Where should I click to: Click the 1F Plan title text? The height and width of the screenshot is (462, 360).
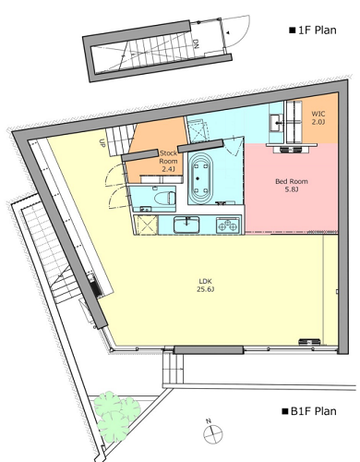pos(313,30)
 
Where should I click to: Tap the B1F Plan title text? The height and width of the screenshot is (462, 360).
pos(309,411)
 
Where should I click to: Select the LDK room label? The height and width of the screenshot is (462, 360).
pos(205,281)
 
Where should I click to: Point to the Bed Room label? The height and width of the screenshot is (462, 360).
pos(292,181)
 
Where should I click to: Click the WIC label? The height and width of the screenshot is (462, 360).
pos(318,114)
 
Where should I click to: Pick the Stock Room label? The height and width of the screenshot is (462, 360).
pos(168,157)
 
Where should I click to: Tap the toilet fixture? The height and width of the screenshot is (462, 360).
pos(164,198)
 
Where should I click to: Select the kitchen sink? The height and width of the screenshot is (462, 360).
pos(186,225)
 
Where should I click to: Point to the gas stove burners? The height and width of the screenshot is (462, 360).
pos(228,225)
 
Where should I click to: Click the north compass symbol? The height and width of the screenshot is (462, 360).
pos(212,432)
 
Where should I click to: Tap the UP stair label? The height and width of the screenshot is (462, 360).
pos(102,143)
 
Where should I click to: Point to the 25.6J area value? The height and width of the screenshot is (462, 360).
pos(205,289)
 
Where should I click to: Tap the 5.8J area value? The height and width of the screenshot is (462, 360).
pos(292,189)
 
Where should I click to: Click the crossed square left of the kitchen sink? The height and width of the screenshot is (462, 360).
pos(146,225)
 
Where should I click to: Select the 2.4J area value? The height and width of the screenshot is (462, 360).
pos(168,169)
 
